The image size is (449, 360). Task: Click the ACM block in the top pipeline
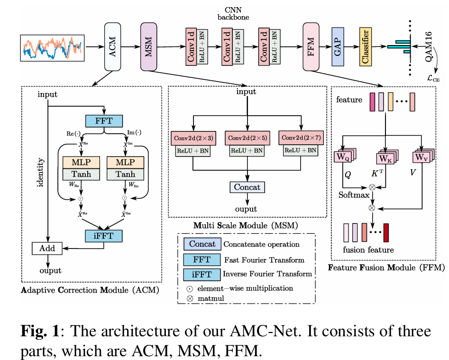(x=112, y=46)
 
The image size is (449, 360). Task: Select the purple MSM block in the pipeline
(x=148, y=46)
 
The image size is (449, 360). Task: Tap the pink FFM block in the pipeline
(x=311, y=46)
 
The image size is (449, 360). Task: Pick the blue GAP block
(x=338, y=46)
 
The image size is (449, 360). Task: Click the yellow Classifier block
(x=366, y=46)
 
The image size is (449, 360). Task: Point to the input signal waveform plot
(x=52, y=48)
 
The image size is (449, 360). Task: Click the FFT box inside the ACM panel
(x=104, y=121)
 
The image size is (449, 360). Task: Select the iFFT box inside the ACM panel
(x=104, y=236)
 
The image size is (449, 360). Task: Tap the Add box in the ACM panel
(x=47, y=249)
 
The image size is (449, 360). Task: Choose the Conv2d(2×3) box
(x=193, y=138)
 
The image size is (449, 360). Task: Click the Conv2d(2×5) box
(x=247, y=138)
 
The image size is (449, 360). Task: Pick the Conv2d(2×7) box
(x=301, y=138)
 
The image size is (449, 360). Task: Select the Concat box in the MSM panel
(x=247, y=187)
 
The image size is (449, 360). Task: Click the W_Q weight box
(x=343, y=157)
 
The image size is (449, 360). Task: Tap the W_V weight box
(x=422, y=157)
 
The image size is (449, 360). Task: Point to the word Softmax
(x=354, y=195)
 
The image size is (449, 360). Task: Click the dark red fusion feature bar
(x=386, y=232)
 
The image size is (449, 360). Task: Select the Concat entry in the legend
(x=202, y=244)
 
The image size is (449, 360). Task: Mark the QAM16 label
(x=429, y=46)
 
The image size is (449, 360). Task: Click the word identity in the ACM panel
(x=40, y=172)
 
